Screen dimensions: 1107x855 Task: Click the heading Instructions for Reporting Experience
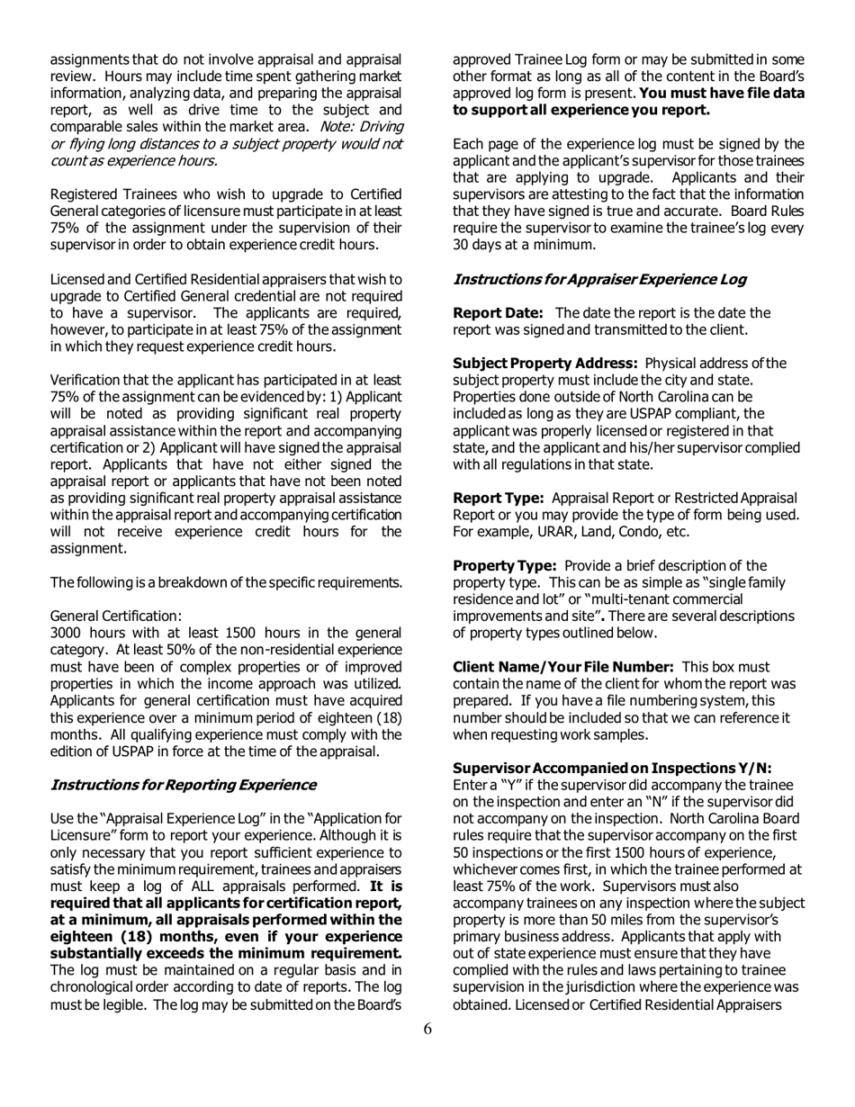click(x=184, y=785)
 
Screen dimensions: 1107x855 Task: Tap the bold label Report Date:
click(x=498, y=312)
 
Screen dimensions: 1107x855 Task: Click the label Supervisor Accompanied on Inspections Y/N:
click(x=612, y=768)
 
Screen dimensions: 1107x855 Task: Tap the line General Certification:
click(x=116, y=616)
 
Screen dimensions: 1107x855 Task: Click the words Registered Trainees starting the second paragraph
click(x=107, y=195)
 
